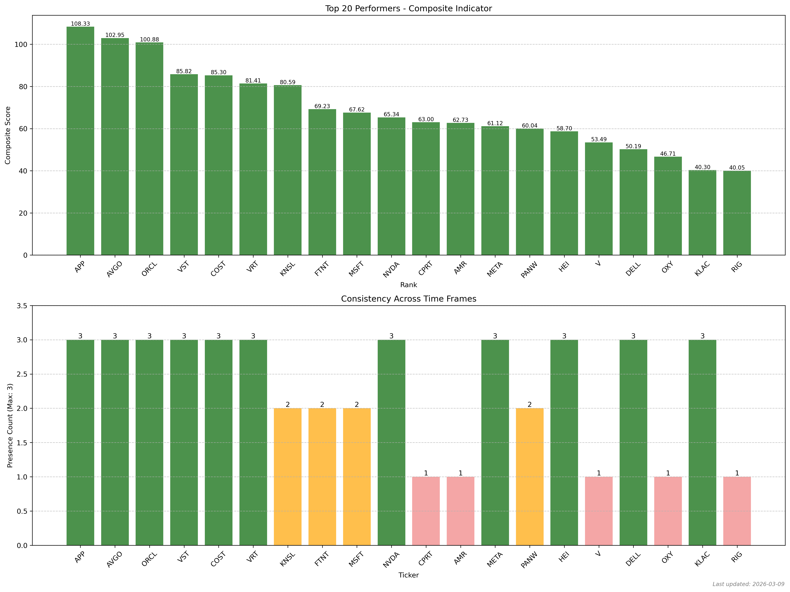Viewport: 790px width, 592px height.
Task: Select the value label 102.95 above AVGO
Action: [x=115, y=35]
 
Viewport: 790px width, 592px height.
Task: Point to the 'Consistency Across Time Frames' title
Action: [x=408, y=299]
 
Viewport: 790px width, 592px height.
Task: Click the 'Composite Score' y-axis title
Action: [x=8, y=135]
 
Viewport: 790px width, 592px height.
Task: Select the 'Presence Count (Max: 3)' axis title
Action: [x=10, y=425]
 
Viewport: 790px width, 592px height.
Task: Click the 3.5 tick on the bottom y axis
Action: [x=22, y=306]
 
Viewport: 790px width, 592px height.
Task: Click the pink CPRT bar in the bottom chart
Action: [x=426, y=511]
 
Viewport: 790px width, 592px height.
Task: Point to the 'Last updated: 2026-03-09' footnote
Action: [x=748, y=584]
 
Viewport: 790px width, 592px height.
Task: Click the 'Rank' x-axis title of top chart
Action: [x=408, y=285]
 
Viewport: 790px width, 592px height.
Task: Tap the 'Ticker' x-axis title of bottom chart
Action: [x=408, y=575]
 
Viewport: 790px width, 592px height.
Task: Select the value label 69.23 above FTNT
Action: [x=322, y=106]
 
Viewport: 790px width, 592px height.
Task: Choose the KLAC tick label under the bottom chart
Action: [x=702, y=559]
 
